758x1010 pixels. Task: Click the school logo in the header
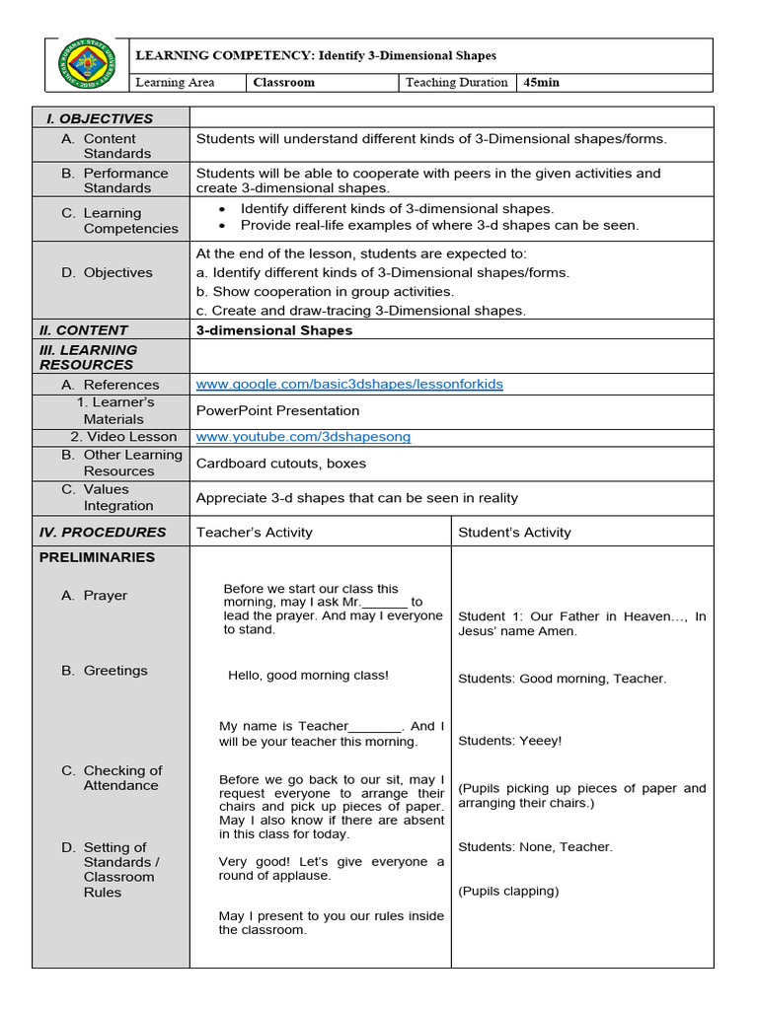pos(87,66)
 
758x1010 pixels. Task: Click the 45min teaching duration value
pos(541,83)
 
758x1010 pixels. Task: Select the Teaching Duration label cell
pos(456,83)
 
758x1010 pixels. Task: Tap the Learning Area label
pos(175,83)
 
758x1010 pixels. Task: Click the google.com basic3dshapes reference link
pos(349,384)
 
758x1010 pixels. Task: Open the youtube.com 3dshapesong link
pos(303,436)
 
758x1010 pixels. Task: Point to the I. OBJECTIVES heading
pos(100,118)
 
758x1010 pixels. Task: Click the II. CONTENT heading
pos(84,330)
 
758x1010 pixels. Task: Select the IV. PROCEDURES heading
pos(103,532)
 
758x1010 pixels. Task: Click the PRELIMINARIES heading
pos(97,557)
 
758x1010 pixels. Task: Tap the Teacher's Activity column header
pos(254,533)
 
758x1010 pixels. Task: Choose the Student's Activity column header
pos(514,533)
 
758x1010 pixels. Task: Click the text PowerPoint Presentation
pos(277,410)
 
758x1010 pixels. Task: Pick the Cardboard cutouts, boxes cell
pos(280,464)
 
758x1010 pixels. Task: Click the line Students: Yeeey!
pos(509,741)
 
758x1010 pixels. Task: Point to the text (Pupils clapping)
pos(508,891)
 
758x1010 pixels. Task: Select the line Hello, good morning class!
pos(308,676)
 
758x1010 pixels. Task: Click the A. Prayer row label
pos(105,596)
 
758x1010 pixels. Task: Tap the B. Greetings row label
pos(114,671)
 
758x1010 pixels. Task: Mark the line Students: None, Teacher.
pos(535,846)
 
